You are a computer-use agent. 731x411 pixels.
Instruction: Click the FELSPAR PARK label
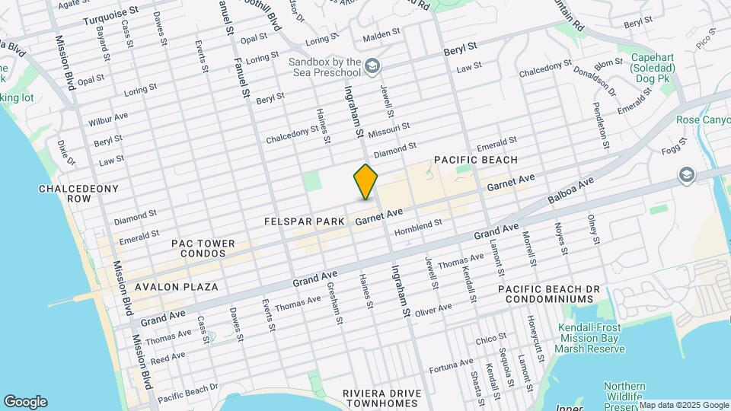pyautogui.click(x=304, y=221)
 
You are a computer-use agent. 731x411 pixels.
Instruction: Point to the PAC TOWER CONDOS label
pyautogui.click(x=203, y=249)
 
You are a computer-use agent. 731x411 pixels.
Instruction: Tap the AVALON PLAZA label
pyautogui.click(x=176, y=287)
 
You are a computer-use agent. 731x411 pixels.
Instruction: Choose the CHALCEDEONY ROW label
pyautogui.click(x=68, y=193)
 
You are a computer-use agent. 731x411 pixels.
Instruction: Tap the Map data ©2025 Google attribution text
pyautogui.click(x=684, y=405)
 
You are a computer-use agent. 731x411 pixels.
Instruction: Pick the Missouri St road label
pyautogui.click(x=388, y=130)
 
